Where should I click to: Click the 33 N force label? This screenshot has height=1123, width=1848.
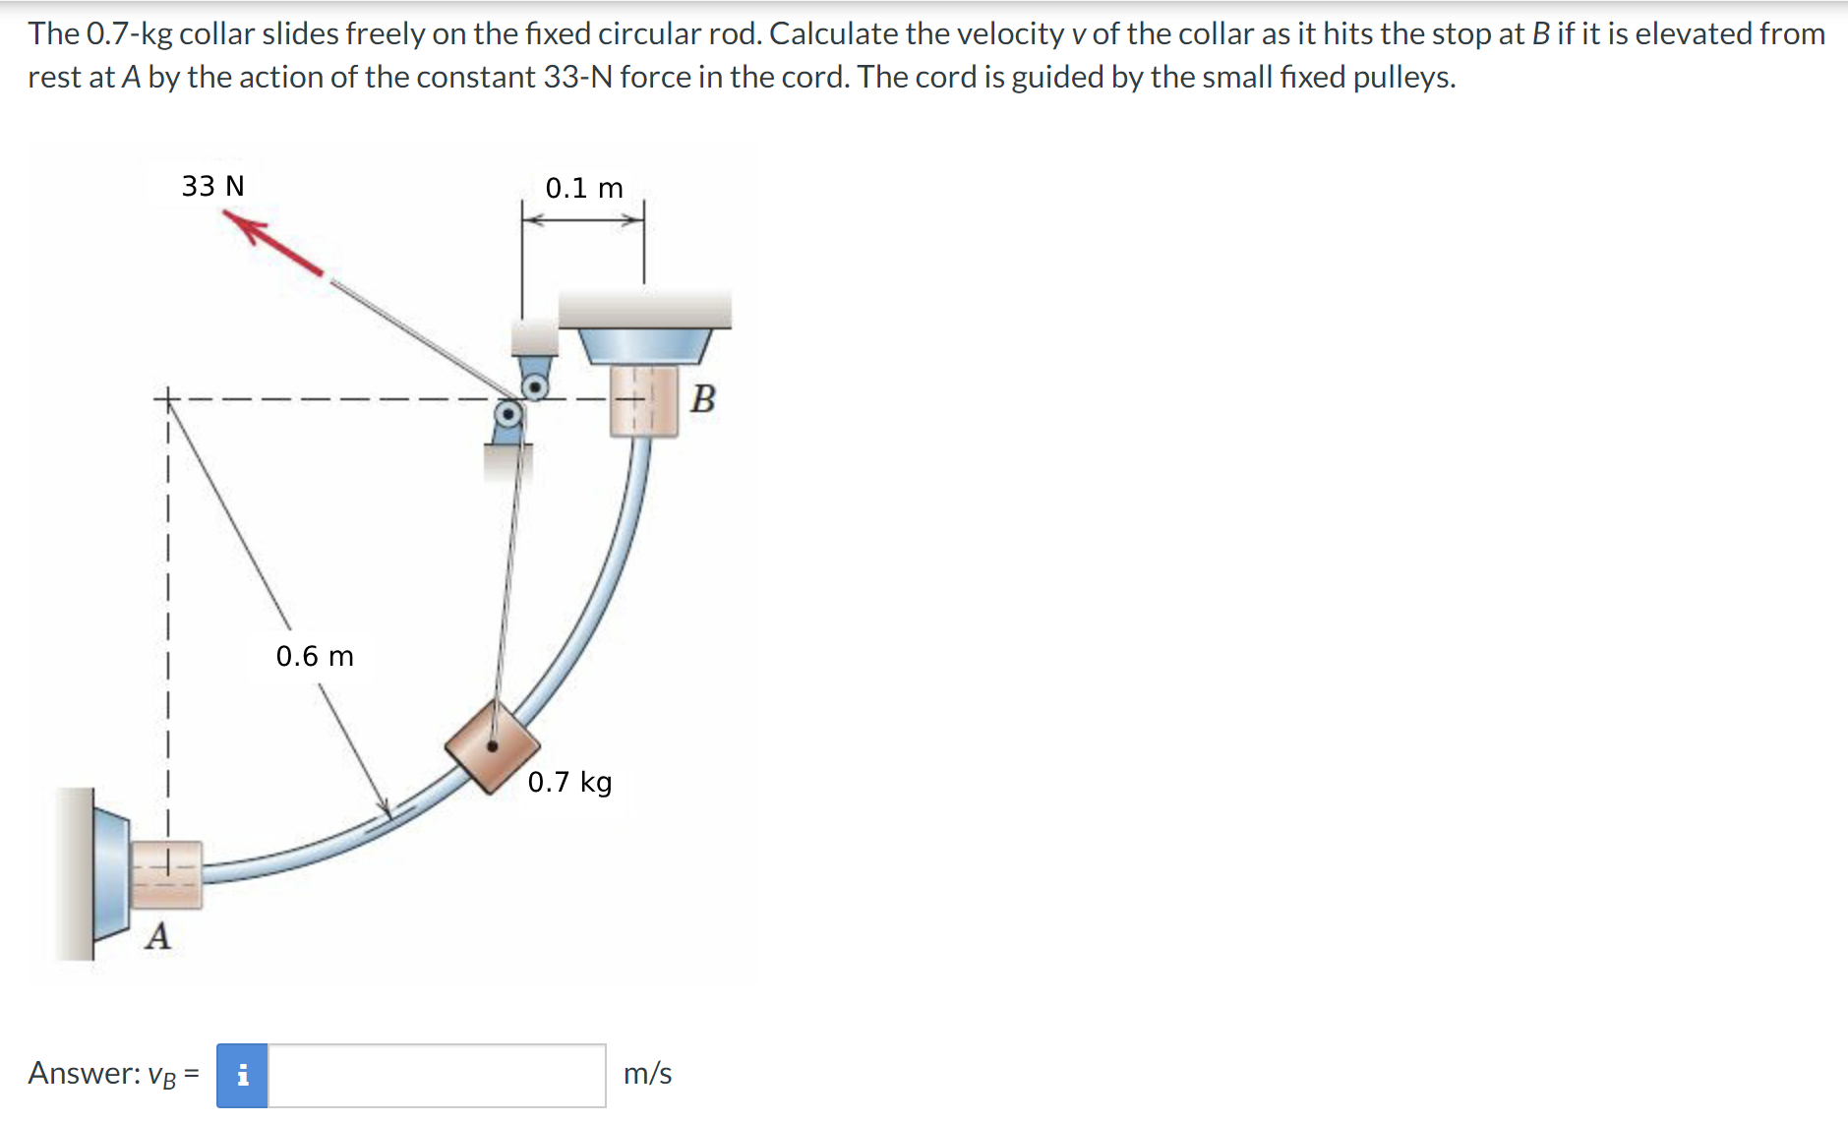(212, 186)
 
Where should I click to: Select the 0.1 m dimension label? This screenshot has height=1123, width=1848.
(583, 188)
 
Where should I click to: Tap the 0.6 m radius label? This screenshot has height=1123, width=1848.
(314, 656)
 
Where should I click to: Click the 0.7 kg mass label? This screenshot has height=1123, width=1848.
(569, 782)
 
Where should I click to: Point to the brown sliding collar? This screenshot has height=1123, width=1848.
(492, 746)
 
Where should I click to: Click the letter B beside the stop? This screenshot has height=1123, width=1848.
(703, 399)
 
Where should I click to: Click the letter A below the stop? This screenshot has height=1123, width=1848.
(157, 936)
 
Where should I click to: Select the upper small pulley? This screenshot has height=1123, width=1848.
(535, 387)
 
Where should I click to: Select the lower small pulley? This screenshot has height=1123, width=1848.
(507, 414)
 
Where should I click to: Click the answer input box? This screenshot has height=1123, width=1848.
(437, 1075)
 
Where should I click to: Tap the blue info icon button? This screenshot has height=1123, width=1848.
(242, 1075)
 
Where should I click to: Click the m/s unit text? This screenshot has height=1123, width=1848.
(647, 1074)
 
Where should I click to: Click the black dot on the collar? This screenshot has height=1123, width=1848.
(493, 746)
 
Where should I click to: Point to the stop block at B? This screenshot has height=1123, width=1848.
(643, 400)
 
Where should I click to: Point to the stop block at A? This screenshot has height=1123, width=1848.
(166, 874)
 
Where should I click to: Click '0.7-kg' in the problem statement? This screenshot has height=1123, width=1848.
(129, 33)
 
